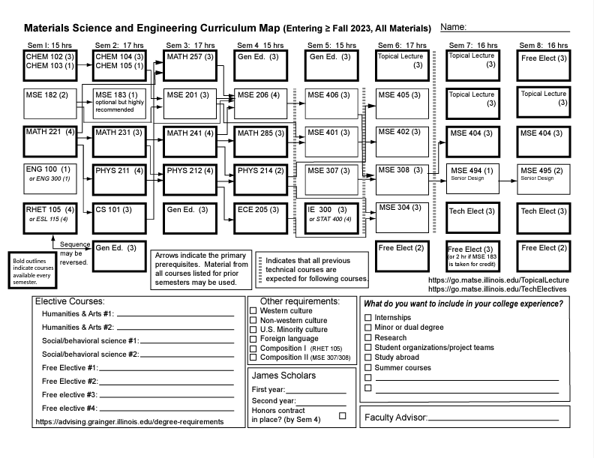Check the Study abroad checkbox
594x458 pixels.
(367, 358)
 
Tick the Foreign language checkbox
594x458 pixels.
(253, 339)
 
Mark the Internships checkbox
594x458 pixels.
(367, 318)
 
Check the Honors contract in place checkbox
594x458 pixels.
(343, 415)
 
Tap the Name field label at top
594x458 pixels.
(454, 28)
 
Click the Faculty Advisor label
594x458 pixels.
(395, 417)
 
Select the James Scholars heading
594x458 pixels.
(283, 376)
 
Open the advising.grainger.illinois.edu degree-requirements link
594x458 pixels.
(129, 422)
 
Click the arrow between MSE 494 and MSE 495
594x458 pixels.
(508, 180)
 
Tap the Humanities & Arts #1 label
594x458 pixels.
(77, 313)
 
